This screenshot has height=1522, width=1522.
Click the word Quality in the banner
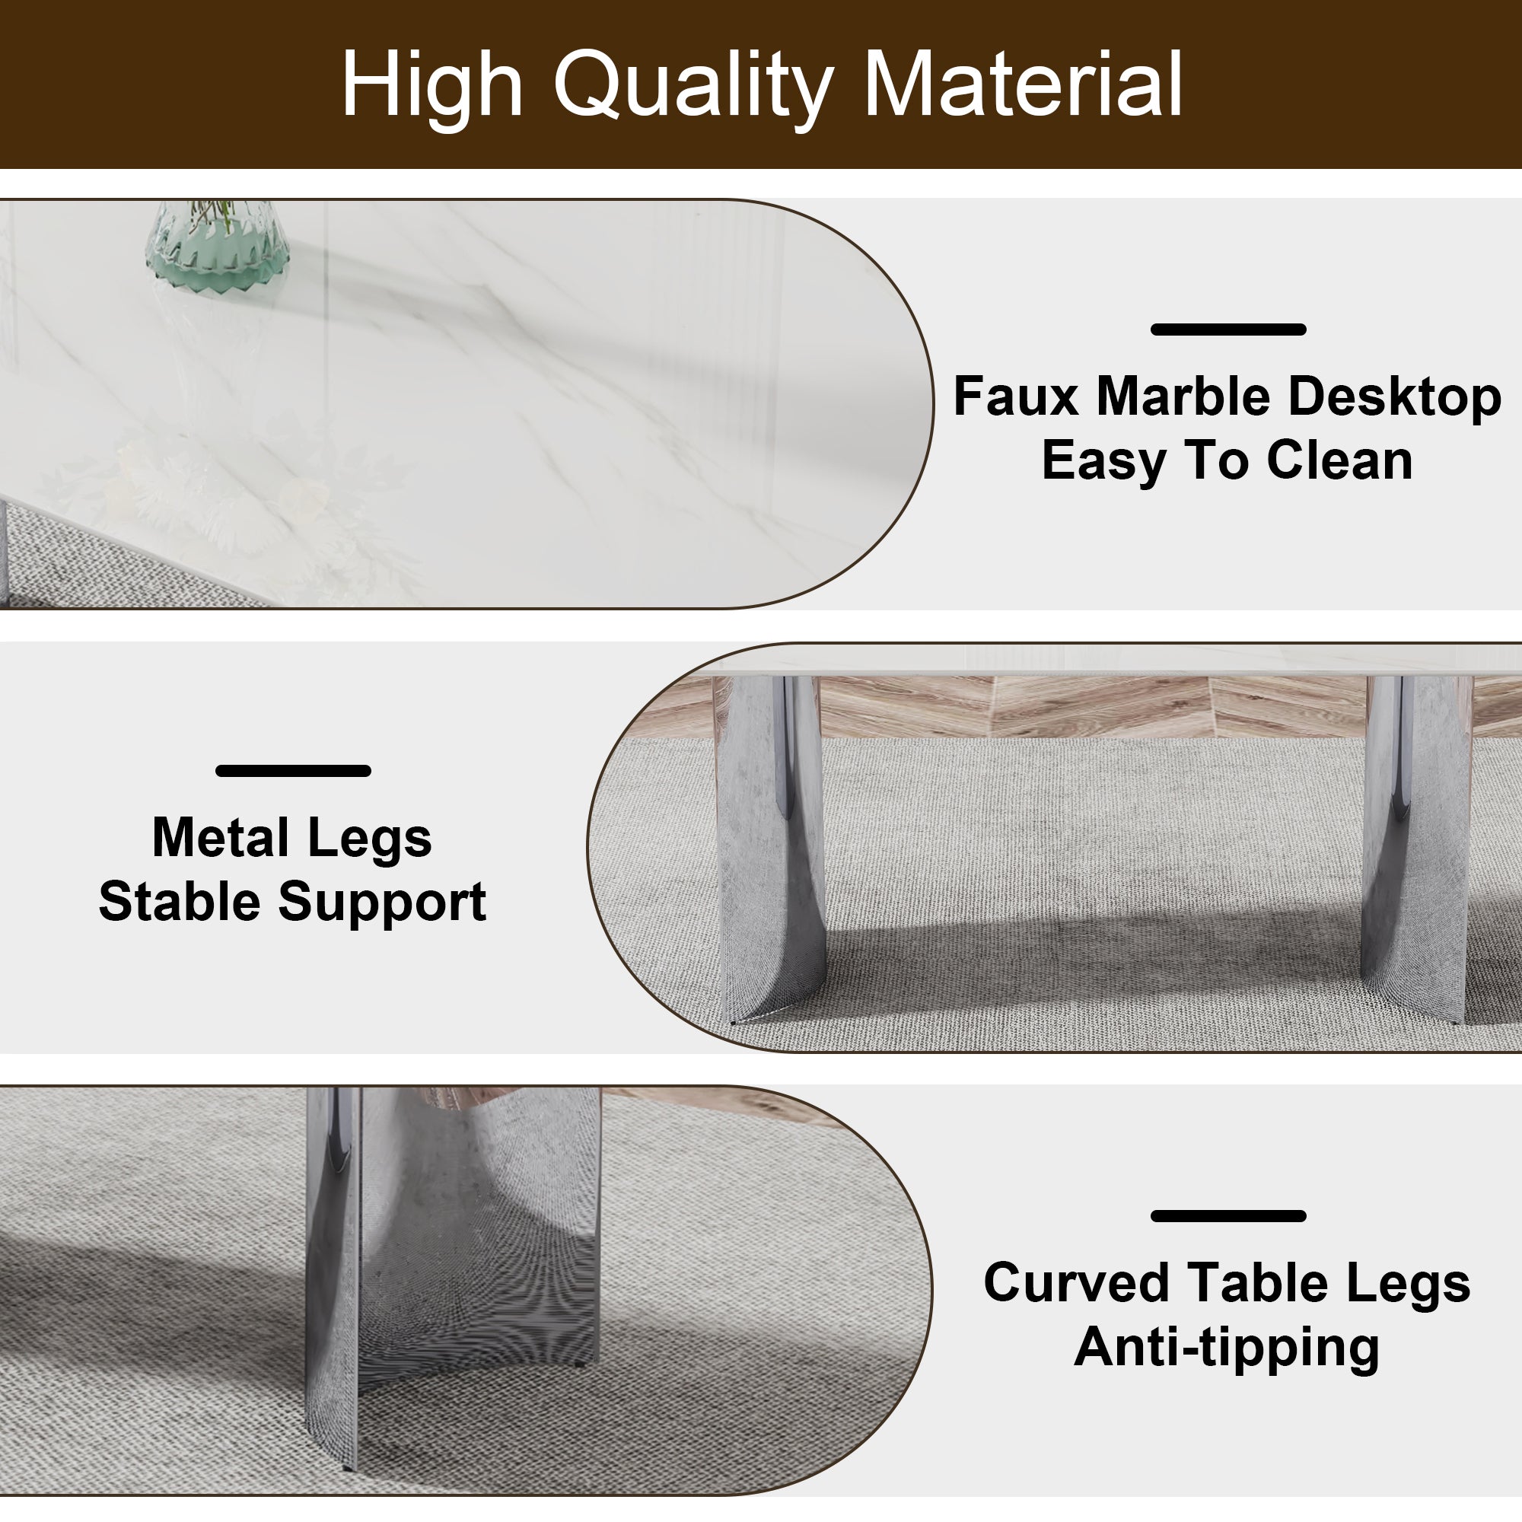pyautogui.click(x=693, y=85)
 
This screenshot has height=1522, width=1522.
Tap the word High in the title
pyautogui.click(x=431, y=85)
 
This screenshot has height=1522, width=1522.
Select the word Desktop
pyautogui.click(x=1394, y=397)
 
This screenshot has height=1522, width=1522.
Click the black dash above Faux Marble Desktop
pyautogui.click(x=1228, y=330)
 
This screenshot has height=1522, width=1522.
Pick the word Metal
pyautogui.click(x=220, y=837)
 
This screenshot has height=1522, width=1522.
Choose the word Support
pyautogui.click(x=382, y=903)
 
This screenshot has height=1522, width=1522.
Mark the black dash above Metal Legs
pyautogui.click(x=293, y=770)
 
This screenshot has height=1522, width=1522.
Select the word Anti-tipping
pyautogui.click(x=1227, y=1347)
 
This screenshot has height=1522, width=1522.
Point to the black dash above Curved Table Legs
pyautogui.click(x=1228, y=1215)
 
